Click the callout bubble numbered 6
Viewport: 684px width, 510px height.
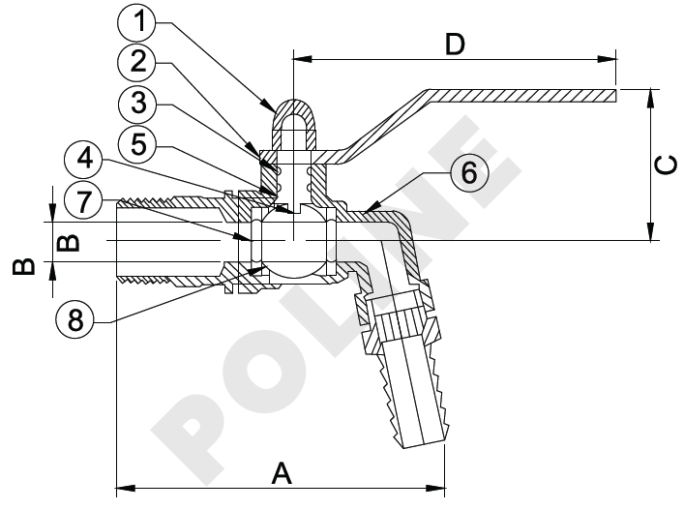(468, 172)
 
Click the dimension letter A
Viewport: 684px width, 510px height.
(282, 473)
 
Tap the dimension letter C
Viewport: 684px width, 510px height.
(665, 165)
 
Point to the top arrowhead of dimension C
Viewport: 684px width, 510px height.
(650, 94)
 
